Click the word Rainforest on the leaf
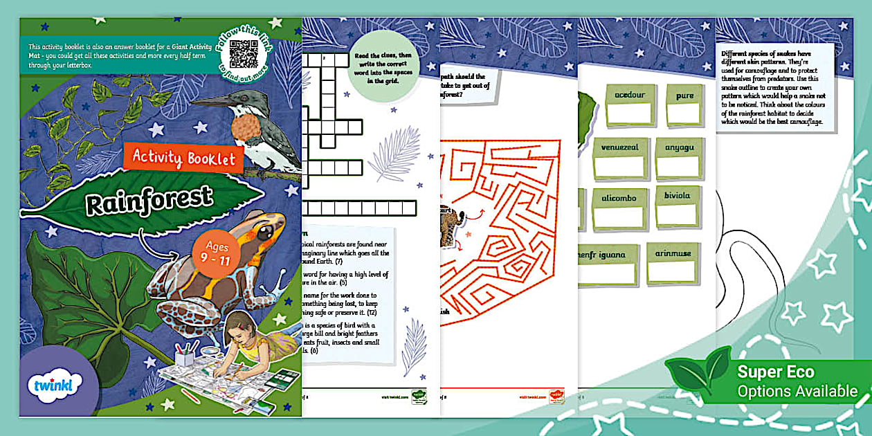pos(149,200)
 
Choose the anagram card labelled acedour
pos(629,105)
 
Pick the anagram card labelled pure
pos(684,105)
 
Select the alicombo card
pos(619,208)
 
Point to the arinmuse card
pos(673,262)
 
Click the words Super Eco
pos(775,372)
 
